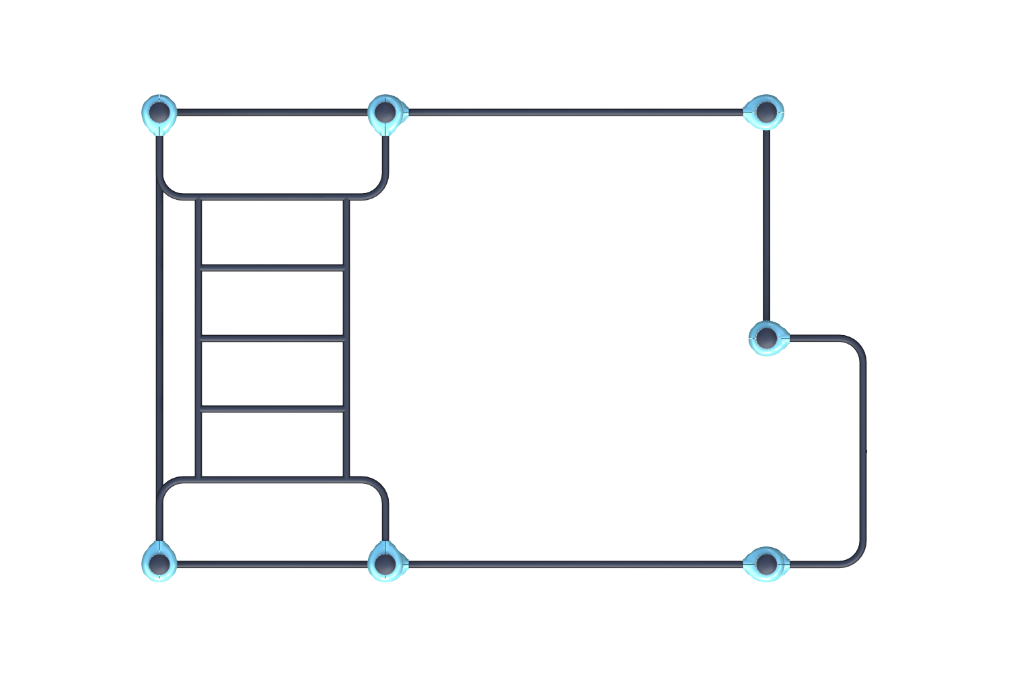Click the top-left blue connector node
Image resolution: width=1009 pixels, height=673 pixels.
tap(159, 112)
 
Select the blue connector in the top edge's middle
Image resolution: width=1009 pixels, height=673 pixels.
tap(385, 112)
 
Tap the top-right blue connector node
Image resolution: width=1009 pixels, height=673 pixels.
tap(765, 112)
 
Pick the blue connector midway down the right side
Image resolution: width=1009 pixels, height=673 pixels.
tap(767, 337)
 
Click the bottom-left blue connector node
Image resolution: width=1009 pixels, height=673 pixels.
tap(159, 563)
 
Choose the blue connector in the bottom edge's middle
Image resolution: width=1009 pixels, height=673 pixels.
tap(385, 563)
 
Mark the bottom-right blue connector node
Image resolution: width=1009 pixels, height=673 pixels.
tap(765, 563)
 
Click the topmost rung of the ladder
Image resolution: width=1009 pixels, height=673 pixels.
tap(272, 268)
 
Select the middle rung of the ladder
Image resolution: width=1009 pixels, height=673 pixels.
tap(272, 338)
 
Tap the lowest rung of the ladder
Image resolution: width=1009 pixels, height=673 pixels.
tap(272, 409)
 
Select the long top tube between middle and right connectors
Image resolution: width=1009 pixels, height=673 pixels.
tap(575, 112)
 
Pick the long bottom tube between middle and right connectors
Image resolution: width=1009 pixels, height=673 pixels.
tap(575, 564)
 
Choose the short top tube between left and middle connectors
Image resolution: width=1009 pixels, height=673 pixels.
tap(272, 112)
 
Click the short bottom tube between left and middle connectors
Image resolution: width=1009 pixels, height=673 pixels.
tap(272, 564)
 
